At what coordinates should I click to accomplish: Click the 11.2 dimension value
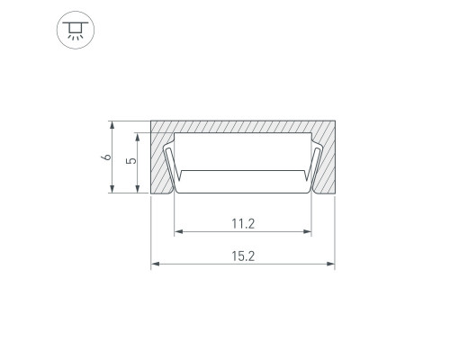click(x=243, y=224)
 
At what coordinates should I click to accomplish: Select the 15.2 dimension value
click(x=243, y=256)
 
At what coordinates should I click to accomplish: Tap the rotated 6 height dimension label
click(x=106, y=157)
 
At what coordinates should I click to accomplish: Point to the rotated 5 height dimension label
click(x=131, y=161)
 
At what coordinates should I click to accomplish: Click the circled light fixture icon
click(x=76, y=30)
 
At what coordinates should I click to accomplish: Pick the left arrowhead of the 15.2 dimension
click(x=155, y=264)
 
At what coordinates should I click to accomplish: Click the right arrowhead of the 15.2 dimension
click(x=330, y=264)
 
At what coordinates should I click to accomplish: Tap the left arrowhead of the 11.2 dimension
click(x=179, y=231)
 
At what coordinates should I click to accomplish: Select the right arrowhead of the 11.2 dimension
click(x=307, y=231)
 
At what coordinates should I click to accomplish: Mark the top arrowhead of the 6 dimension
click(x=112, y=125)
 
